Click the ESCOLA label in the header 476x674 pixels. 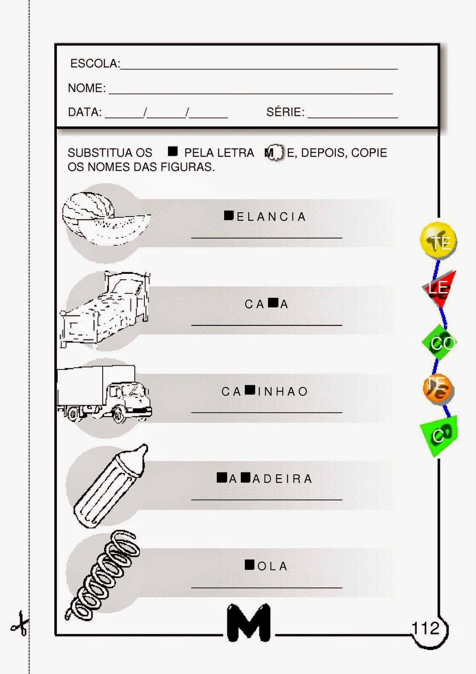(95, 64)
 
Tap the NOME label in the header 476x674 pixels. (87, 88)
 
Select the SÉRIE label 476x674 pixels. (285, 112)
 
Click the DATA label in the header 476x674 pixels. (85, 112)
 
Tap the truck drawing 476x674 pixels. (104, 394)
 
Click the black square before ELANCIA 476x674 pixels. (229, 216)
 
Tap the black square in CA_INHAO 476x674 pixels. (250, 390)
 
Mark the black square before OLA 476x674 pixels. (250, 564)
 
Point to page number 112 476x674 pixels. (425, 629)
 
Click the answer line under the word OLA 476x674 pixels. (266, 587)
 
